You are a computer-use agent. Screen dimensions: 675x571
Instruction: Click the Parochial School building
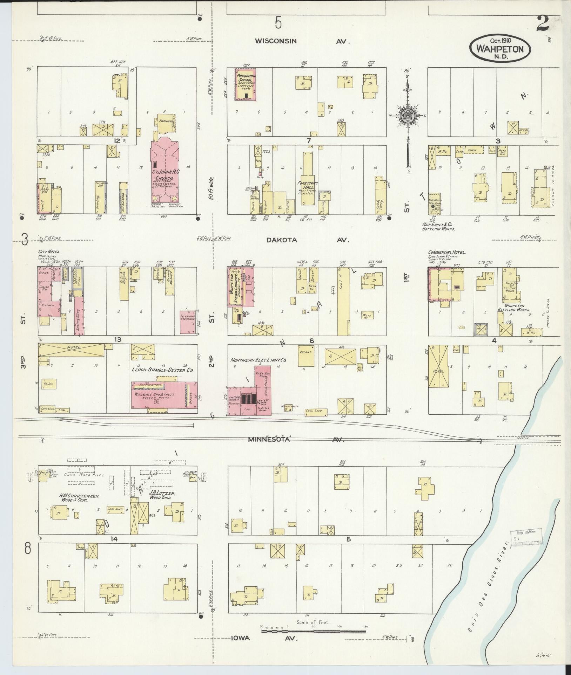coord(246,84)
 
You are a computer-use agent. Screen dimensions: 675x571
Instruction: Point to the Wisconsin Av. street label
coord(276,41)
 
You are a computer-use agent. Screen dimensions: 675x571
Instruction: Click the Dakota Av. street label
coord(282,240)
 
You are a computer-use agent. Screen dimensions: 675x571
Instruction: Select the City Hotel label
coord(49,252)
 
